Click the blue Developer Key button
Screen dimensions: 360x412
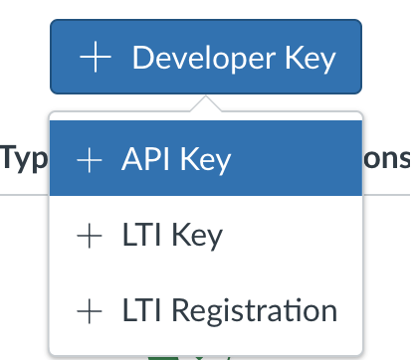(205, 59)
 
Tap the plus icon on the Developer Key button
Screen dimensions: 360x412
(95, 59)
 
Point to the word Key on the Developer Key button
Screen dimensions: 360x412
(309, 59)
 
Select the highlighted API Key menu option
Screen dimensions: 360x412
(205, 159)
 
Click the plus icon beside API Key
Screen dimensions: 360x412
(90, 160)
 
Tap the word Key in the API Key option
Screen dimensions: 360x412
(205, 160)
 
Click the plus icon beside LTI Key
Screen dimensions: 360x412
(90, 236)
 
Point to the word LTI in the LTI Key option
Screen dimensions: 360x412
(143, 236)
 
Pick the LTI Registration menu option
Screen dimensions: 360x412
(205, 311)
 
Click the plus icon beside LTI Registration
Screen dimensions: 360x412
(90, 311)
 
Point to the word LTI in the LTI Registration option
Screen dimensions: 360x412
(143, 311)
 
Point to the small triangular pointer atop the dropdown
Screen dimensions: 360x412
(205, 104)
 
